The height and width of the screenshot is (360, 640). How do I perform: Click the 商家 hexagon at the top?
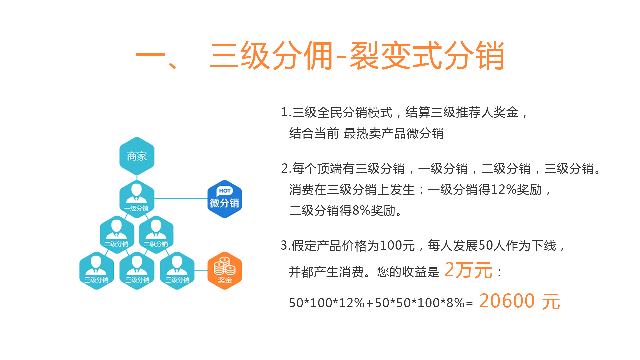pyautogui.click(x=137, y=156)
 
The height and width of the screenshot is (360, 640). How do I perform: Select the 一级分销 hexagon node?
pyautogui.click(x=137, y=199)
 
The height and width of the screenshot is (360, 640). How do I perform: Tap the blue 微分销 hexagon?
pyautogui.click(x=225, y=199)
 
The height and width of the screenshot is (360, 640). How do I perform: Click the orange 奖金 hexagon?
pyautogui.click(x=225, y=271)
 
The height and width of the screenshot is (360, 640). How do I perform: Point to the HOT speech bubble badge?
pyautogui.click(x=225, y=191)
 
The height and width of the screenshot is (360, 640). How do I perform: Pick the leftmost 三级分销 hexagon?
pyautogui.click(x=97, y=271)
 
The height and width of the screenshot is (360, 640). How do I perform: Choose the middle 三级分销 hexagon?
pyautogui.click(x=137, y=271)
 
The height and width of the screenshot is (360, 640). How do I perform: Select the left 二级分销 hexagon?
pyautogui.click(x=117, y=235)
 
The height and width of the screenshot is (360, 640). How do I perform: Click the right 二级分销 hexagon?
pyautogui.click(x=156, y=235)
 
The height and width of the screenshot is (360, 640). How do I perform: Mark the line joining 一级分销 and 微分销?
pyautogui.click(x=181, y=199)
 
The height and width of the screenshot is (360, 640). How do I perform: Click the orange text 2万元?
pyautogui.click(x=468, y=270)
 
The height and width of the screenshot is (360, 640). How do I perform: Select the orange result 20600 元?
pyautogui.click(x=520, y=301)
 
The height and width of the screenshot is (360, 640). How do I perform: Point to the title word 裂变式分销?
pyautogui.click(x=427, y=56)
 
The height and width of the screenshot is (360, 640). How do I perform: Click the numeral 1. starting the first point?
pyautogui.click(x=286, y=112)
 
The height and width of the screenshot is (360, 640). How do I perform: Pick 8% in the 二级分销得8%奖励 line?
pyautogui.click(x=361, y=210)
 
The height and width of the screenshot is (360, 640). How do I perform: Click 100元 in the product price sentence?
pyautogui.click(x=397, y=246)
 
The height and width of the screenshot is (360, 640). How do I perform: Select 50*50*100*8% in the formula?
pyautogui.click(x=420, y=303)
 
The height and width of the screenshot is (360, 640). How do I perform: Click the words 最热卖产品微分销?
pyautogui.click(x=394, y=133)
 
